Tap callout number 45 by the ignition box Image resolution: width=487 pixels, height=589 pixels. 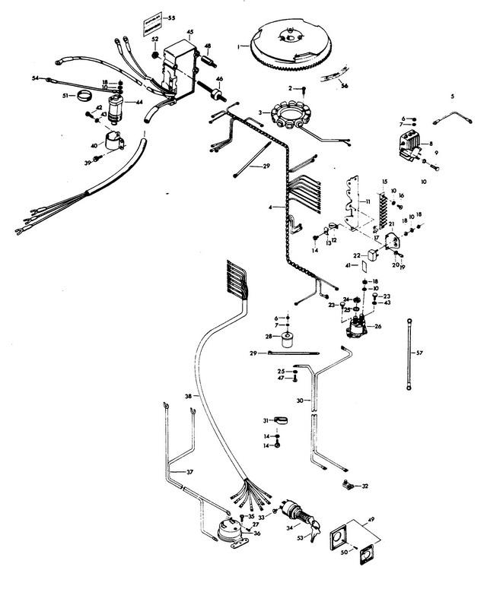tap(189, 32)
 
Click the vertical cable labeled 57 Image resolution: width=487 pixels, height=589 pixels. tap(409, 354)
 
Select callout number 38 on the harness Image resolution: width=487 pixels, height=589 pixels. tap(188, 396)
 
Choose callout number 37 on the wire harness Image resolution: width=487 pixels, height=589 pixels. tap(189, 472)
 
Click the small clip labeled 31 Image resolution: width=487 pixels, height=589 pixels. tap(277, 420)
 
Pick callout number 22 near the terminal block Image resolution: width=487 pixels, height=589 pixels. tap(356, 255)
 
